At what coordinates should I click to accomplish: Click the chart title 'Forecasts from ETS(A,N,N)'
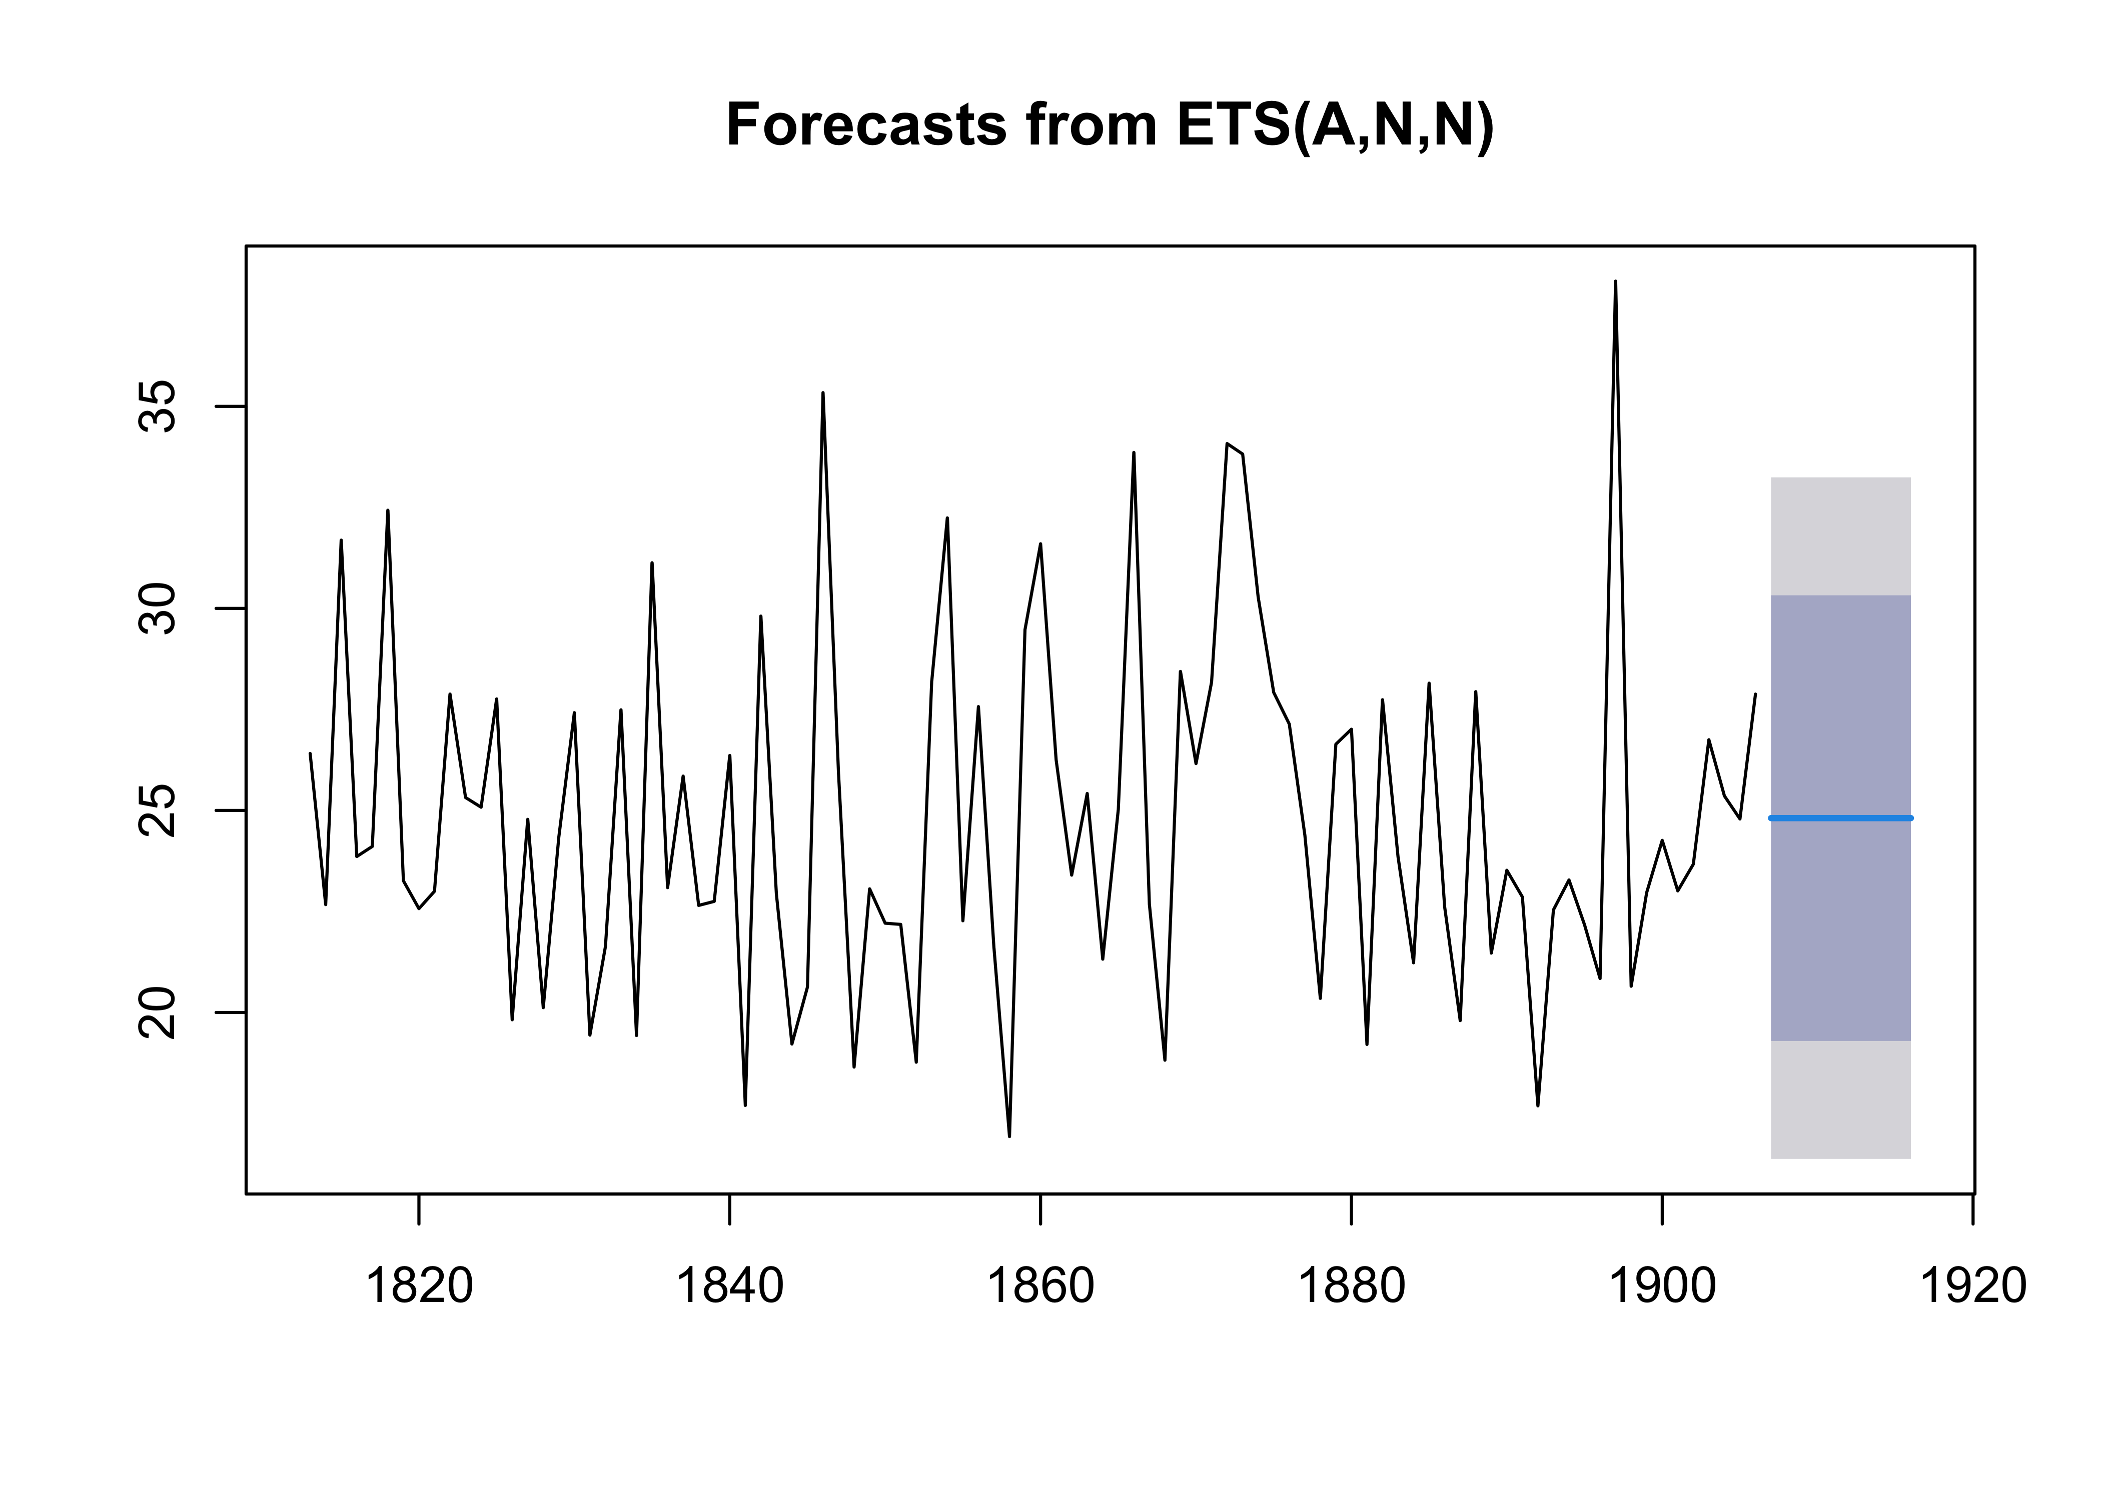click(x=1110, y=125)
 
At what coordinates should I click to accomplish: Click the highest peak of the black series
click(x=1615, y=281)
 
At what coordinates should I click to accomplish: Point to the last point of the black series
click(x=1754, y=694)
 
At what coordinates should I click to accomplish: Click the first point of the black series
click(x=311, y=753)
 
